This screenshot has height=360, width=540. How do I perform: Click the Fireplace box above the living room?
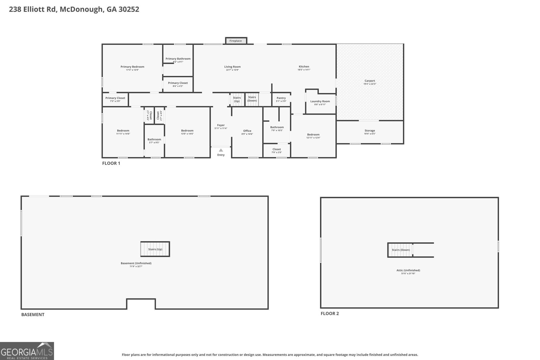(236, 41)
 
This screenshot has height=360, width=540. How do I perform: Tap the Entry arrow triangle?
(221, 150)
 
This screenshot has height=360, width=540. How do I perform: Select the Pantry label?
(281, 98)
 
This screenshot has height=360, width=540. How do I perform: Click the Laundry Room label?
(320, 101)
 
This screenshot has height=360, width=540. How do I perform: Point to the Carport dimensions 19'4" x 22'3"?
(370, 84)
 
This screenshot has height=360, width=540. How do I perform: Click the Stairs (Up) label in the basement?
(155, 249)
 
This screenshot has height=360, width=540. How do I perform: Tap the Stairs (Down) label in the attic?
(401, 250)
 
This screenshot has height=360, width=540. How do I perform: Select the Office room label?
(247, 131)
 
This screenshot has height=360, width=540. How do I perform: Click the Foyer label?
(221, 125)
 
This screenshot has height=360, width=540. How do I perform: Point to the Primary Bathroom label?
(178, 59)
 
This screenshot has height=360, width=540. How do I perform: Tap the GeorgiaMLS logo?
(27, 351)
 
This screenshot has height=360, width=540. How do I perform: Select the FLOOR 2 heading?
(329, 313)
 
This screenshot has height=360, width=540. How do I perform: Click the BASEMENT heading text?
(33, 314)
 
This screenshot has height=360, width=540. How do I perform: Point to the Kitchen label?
(304, 66)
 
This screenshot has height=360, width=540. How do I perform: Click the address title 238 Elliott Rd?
(74, 9)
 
